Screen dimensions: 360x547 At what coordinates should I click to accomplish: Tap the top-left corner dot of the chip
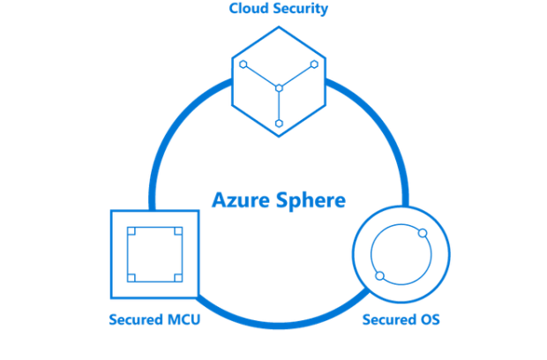131,230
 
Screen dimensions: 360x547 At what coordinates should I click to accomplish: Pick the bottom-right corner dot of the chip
179,279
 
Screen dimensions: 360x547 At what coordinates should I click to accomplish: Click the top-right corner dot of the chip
179,230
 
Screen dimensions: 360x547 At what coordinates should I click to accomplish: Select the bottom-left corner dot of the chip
131,279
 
